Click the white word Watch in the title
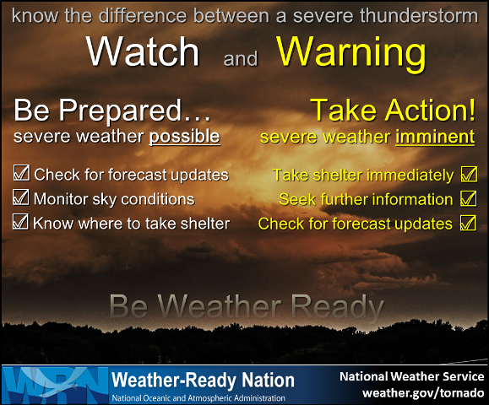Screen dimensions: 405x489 (x=144, y=52)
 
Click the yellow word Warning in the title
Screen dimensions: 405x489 (x=351, y=52)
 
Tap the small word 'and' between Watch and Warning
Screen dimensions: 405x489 (x=240, y=60)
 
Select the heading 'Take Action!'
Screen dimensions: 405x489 (x=392, y=111)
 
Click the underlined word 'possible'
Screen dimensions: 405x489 (x=185, y=136)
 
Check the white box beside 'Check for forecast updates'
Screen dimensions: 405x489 (x=21, y=175)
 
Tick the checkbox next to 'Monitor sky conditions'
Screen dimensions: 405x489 (x=21, y=199)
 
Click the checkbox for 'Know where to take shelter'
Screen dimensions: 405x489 (x=21, y=223)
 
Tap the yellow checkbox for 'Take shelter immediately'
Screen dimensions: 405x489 (x=468, y=175)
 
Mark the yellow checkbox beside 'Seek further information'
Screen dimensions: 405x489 (x=468, y=200)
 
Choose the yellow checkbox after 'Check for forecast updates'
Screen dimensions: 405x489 (x=468, y=224)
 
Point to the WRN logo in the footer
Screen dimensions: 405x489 (x=54, y=384)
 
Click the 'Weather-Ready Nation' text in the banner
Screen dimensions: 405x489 (x=203, y=380)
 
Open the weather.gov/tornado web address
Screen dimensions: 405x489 (x=423, y=393)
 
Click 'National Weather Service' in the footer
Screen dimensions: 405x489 (x=412, y=376)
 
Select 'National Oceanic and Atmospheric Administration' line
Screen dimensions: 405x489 (x=198, y=397)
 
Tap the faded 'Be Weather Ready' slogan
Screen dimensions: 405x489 (x=246, y=305)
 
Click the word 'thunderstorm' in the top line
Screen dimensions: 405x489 (x=423, y=16)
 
